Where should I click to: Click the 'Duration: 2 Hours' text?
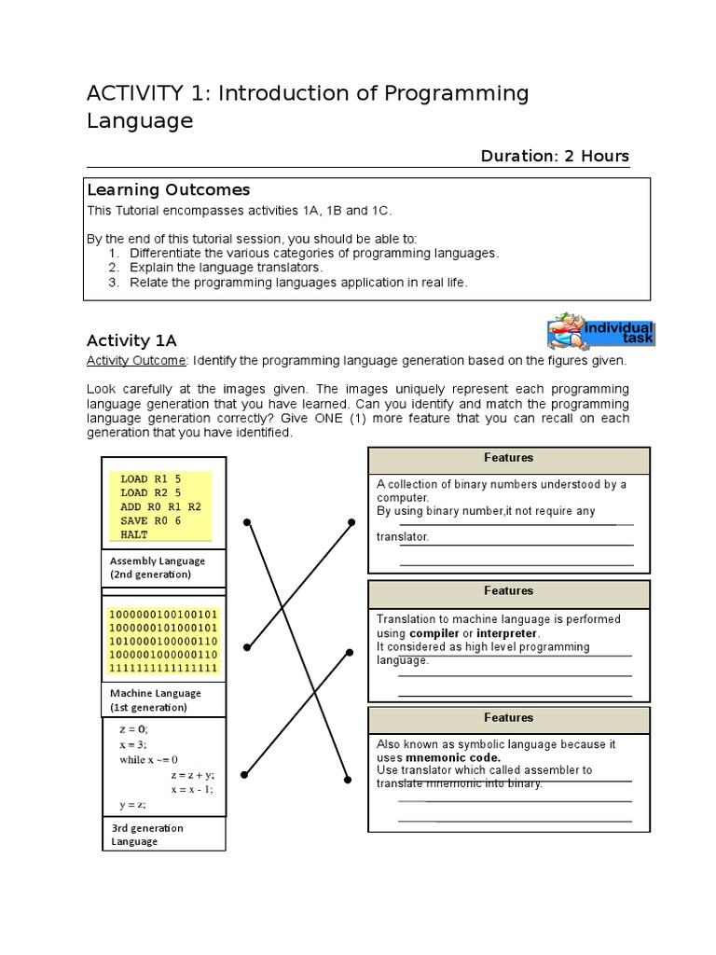coord(555,156)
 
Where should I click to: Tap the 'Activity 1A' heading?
coord(131,340)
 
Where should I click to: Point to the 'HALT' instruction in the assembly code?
coord(134,534)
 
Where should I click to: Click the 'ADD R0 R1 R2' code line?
coord(160,506)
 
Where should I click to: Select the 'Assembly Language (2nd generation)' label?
coord(158,568)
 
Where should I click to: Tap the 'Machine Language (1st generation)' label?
coord(156,700)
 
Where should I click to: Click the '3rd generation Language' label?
coord(147,834)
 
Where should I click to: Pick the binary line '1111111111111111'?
coord(163,668)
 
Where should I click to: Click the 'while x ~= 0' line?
coord(149,759)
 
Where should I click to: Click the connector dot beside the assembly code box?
coord(247,522)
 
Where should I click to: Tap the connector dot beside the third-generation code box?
coord(245,772)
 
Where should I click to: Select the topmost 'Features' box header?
coord(508,458)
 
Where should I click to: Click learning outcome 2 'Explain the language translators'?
coord(227,268)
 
